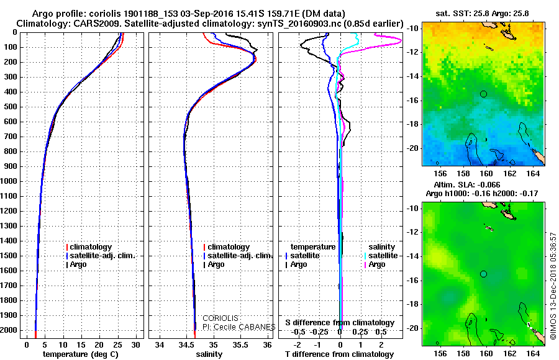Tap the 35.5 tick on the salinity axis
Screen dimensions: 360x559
click(240, 344)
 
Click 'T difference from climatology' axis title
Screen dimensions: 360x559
click(340, 354)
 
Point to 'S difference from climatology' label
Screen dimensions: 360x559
click(340, 323)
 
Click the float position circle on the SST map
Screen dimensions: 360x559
click(483, 94)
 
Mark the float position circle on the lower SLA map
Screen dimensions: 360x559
click(483, 274)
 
